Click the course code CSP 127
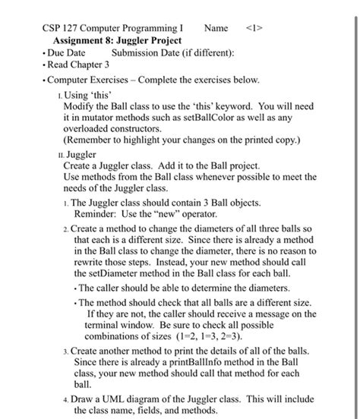[62, 28]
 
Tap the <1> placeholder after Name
[255, 28]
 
